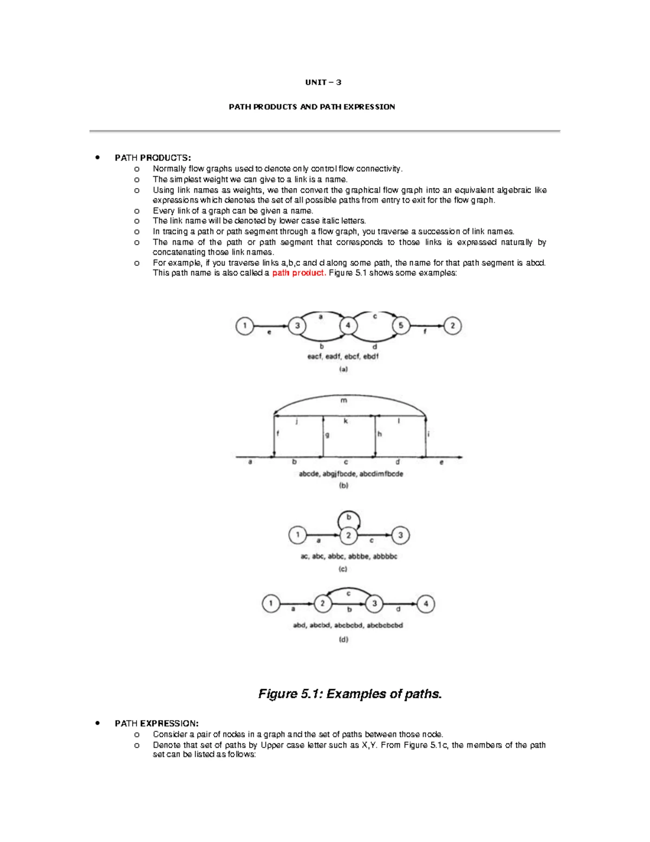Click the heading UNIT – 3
[x=323, y=82]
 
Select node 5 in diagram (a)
[x=401, y=326]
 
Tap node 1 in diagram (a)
[x=245, y=326]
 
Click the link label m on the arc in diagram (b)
[x=343, y=401]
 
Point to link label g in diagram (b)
[x=327, y=434]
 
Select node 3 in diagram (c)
[x=400, y=536]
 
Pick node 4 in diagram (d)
[x=426, y=603]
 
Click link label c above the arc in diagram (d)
[x=348, y=593]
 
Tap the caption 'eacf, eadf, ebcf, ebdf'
[x=343, y=357]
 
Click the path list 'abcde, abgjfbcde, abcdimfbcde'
[x=351, y=474]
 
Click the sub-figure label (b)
[x=343, y=485]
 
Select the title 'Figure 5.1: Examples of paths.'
[x=350, y=694]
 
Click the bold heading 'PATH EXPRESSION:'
[x=157, y=723]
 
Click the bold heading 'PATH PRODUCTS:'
[x=153, y=158]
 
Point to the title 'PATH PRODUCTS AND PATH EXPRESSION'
[x=311, y=107]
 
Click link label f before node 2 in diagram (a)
[x=425, y=332]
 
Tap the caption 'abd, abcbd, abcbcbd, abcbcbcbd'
[x=348, y=625]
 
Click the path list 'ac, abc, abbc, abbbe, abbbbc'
[x=349, y=556]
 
